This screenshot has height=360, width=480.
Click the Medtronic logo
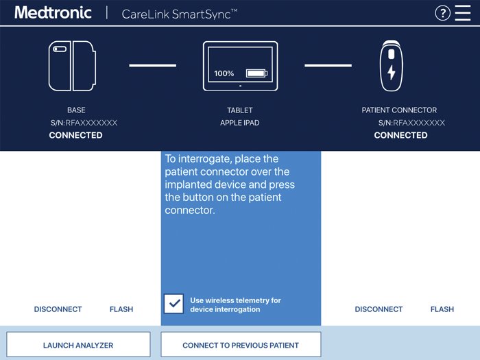(x=53, y=13)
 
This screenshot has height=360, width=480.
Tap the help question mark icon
(x=443, y=13)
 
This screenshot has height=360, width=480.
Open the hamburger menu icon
(x=464, y=13)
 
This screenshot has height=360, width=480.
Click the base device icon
(x=72, y=66)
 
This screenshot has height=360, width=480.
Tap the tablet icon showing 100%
(x=240, y=66)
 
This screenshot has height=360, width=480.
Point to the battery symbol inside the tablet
(x=257, y=73)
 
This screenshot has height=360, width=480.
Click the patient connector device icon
(x=392, y=66)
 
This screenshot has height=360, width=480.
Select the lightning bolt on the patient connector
(x=392, y=72)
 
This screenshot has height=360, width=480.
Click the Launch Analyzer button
(x=78, y=345)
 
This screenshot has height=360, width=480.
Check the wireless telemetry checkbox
(x=174, y=304)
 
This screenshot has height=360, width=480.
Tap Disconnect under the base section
(x=58, y=309)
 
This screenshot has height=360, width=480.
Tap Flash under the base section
(x=121, y=309)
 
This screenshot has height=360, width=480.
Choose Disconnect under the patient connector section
(x=379, y=309)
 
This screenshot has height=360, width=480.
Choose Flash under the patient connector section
(x=442, y=309)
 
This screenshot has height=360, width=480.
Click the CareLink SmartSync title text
(x=180, y=14)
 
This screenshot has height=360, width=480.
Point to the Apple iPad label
(x=240, y=123)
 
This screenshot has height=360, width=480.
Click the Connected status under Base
(x=76, y=135)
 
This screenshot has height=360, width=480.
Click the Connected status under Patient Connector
(x=400, y=135)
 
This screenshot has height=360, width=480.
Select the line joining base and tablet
(x=153, y=66)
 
